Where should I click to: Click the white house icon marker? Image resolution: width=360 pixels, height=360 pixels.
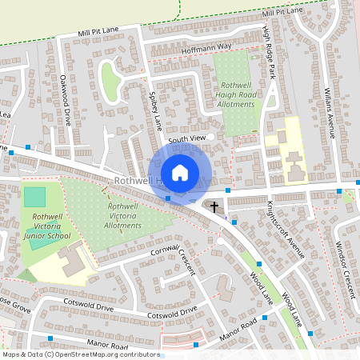click(180, 172)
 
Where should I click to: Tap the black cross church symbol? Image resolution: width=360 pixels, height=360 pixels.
click(214, 207)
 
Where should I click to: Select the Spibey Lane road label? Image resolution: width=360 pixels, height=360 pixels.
click(155, 110)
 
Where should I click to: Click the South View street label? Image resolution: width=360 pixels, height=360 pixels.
click(187, 138)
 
